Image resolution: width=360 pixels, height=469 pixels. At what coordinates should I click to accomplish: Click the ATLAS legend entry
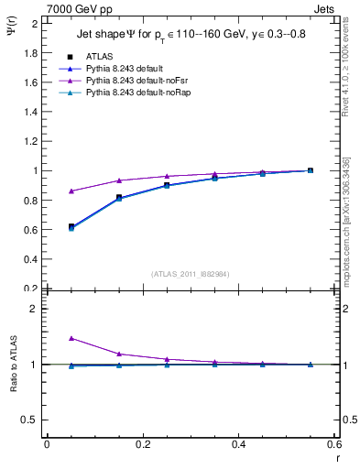100,57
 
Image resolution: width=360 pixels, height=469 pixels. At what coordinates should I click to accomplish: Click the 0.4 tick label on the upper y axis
30,259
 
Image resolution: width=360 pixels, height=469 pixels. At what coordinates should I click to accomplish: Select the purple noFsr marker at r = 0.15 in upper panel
119,180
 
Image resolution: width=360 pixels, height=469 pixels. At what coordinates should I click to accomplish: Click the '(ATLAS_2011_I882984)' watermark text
190,273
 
